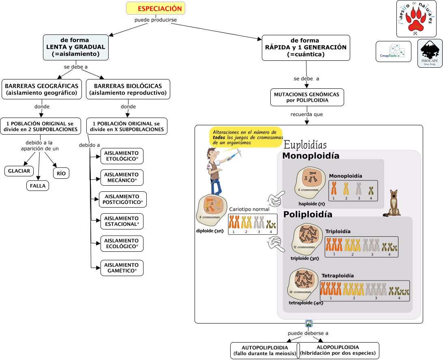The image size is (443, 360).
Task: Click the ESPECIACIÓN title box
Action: point(156,8)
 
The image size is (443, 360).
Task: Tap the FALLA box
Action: point(38,186)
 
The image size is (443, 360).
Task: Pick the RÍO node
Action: point(61,173)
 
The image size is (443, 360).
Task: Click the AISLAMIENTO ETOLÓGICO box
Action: point(122,156)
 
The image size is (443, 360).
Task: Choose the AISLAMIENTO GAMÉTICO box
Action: point(122,268)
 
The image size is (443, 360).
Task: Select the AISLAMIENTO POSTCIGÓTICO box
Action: point(123,199)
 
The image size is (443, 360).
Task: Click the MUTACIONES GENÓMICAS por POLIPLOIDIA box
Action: point(307,97)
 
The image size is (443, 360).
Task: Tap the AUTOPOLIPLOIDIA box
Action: point(265,351)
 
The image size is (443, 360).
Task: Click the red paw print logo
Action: point(416,19)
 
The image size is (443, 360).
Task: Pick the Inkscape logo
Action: point(430,53)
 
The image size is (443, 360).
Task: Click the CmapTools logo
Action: point(393,51)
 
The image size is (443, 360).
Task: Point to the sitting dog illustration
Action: point(394,203)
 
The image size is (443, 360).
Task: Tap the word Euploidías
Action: point(305,145)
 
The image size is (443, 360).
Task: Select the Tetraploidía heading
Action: point(338,276)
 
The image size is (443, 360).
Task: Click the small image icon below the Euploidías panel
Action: point(309,324)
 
